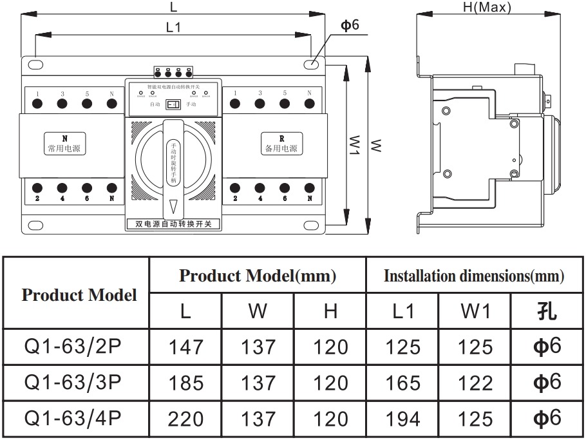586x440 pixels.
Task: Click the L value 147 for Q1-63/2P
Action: tap(185, 347)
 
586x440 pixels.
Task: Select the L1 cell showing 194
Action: tap(402, 419)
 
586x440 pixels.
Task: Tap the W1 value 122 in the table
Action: tap(475, 383)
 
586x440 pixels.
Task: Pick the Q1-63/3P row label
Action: tap(72, 382)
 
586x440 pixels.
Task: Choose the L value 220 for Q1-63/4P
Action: tap(185, 419)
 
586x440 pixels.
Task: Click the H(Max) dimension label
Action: tap(487, 8)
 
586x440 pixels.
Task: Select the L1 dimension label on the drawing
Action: tap(173, 27)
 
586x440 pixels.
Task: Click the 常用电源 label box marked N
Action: tap(64, 144)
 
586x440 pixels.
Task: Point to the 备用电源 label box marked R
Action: tap(281, 144)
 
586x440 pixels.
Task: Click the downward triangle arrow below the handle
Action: tap(173, 207)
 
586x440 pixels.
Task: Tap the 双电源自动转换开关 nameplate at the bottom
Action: tap(173, 224)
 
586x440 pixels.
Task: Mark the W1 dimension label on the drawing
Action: tap(354, 145)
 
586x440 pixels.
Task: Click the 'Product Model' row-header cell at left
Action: tap(79, 295)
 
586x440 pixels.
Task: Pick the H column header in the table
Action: tap(330, 312)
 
